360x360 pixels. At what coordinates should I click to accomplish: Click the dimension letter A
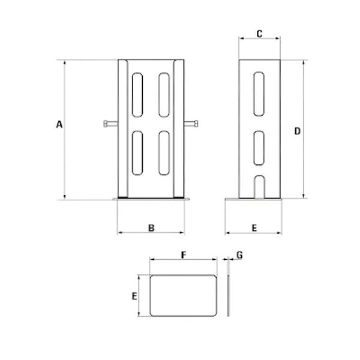point(59,125)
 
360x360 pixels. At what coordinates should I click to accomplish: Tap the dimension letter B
point(152,227)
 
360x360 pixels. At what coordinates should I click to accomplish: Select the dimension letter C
point(259,34)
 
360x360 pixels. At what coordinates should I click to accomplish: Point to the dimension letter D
point(297,130)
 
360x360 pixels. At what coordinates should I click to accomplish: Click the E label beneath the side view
point(254,228)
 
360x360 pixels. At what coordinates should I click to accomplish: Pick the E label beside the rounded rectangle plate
point(134,296)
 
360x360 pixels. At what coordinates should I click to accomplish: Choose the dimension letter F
point(183,254)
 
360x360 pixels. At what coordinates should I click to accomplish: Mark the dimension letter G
point(239,255)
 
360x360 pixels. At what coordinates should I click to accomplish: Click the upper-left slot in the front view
point(137,95)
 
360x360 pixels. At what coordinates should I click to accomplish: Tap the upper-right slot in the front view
point(163,95)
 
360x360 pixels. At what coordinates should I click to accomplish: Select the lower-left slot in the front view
point(137,153)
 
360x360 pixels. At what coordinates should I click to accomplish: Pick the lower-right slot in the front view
point(163,153)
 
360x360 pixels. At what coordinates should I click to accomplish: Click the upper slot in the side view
point(259,95)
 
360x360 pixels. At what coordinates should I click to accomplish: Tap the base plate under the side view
point(255,199)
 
